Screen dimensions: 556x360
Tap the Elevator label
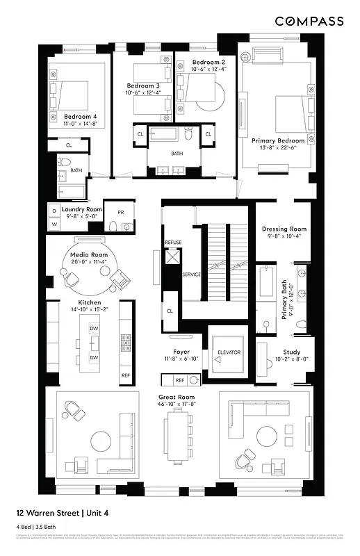(229, 352)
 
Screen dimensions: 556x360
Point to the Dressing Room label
(284, 229)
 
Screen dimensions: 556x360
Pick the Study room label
(291, 352)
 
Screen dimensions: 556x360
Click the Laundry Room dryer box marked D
(54, 210)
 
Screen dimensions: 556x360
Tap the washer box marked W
(54, 224)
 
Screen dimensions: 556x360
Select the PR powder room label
(120, 212)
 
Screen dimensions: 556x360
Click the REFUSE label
(173, 242)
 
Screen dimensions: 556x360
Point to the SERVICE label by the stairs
(191, 275)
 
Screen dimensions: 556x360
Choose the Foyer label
(181, 352)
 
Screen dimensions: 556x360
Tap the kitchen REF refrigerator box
(125, 375)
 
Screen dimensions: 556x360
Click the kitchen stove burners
(126, 342)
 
